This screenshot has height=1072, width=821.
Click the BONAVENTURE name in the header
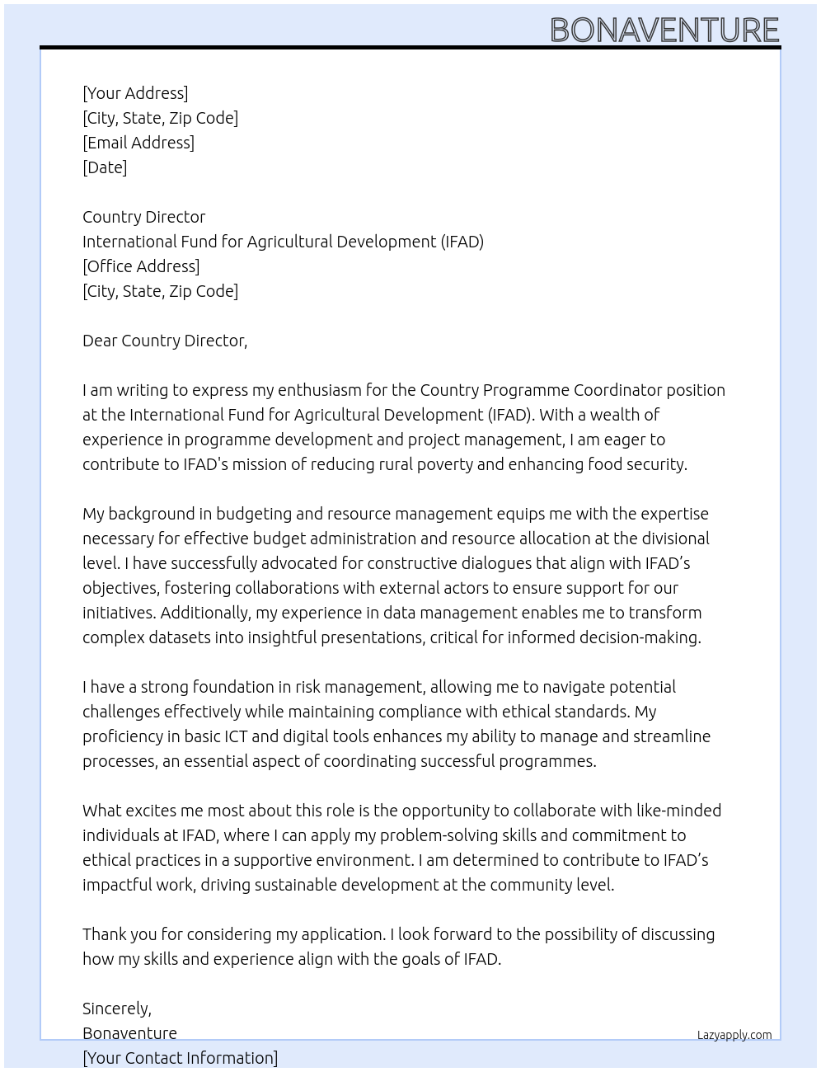[664, 31]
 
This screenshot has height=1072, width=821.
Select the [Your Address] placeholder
[135, 93]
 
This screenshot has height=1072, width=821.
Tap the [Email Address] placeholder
[138, 143]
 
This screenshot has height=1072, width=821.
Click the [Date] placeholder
[105, 167]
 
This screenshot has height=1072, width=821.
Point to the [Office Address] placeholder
[141, 266]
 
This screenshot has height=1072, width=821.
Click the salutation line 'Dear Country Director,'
[165, 341]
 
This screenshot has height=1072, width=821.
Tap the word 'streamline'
[669, 736]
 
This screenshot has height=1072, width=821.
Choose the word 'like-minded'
[673, 811]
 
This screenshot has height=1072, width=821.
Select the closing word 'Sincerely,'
[117, 1009]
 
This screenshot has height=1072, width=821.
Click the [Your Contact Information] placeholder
[180, 1058]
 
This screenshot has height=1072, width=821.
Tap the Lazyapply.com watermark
[734, 1035]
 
